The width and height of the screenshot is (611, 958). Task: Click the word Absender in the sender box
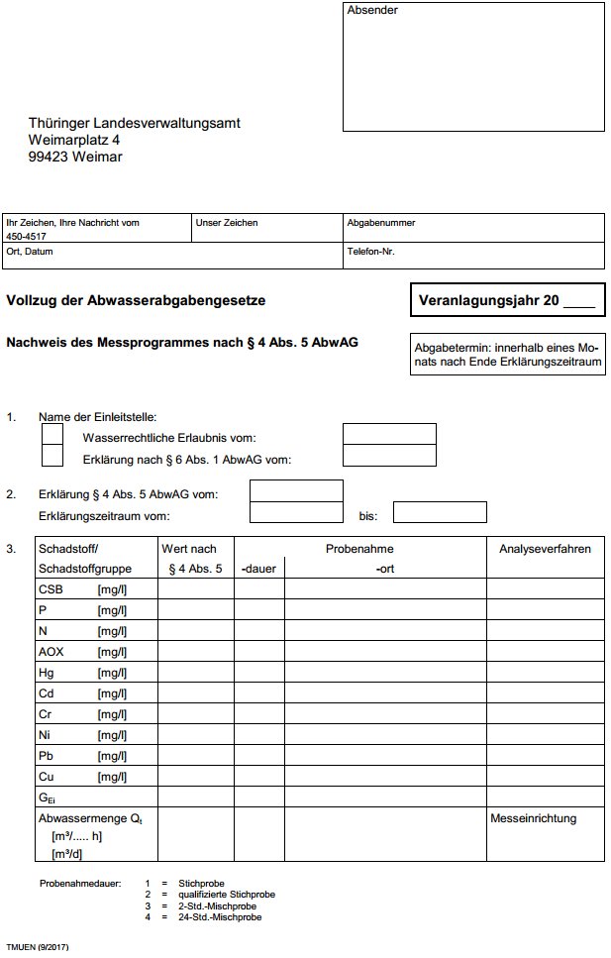click(370, 11)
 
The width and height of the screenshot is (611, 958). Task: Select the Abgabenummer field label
click(381, 223)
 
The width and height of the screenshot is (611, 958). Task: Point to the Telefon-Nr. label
click(371, 252)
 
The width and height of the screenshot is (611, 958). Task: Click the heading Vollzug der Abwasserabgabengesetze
click(136, 299)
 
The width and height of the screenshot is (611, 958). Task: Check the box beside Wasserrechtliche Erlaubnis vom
click(52, 434)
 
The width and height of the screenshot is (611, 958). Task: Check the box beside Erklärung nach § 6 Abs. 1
click(52, 456)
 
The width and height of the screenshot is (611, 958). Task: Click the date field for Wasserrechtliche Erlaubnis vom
click(389, 434)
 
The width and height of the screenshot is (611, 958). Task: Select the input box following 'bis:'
click(440, 512)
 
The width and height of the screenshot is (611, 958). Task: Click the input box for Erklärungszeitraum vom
click(296, 512)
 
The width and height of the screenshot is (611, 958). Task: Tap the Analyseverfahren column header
click(545, 548)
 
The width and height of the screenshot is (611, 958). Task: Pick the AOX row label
click(51, 651)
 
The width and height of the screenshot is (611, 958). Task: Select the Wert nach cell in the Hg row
click(195, 672)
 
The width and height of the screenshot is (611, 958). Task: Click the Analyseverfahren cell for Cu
click(545, 776)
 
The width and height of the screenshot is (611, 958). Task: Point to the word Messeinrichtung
click(533, 818)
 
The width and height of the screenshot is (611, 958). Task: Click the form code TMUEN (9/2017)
click(38, 948)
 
